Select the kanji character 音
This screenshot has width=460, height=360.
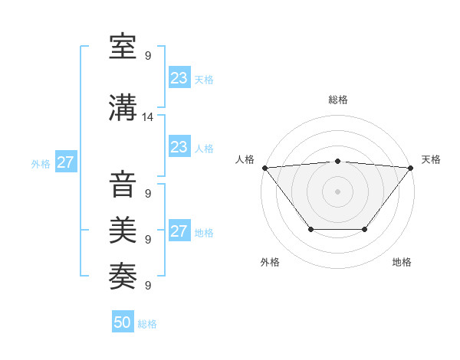123,185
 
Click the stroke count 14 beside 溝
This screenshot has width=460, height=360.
148,117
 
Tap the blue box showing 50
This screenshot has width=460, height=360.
123,322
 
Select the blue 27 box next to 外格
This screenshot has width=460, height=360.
65,162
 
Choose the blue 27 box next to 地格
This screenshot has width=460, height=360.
179,231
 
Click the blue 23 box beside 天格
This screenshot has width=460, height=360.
179,78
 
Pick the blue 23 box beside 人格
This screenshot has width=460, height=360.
179,147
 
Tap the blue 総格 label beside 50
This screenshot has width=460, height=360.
147,324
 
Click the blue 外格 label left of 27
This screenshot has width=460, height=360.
41,163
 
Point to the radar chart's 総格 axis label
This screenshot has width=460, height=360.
337,100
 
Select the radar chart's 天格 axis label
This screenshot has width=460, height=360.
431,159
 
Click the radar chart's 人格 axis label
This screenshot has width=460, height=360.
245,159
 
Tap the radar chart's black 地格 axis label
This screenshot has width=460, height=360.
402,262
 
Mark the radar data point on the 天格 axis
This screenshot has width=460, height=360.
410,168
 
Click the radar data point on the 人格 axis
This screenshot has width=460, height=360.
264,168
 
